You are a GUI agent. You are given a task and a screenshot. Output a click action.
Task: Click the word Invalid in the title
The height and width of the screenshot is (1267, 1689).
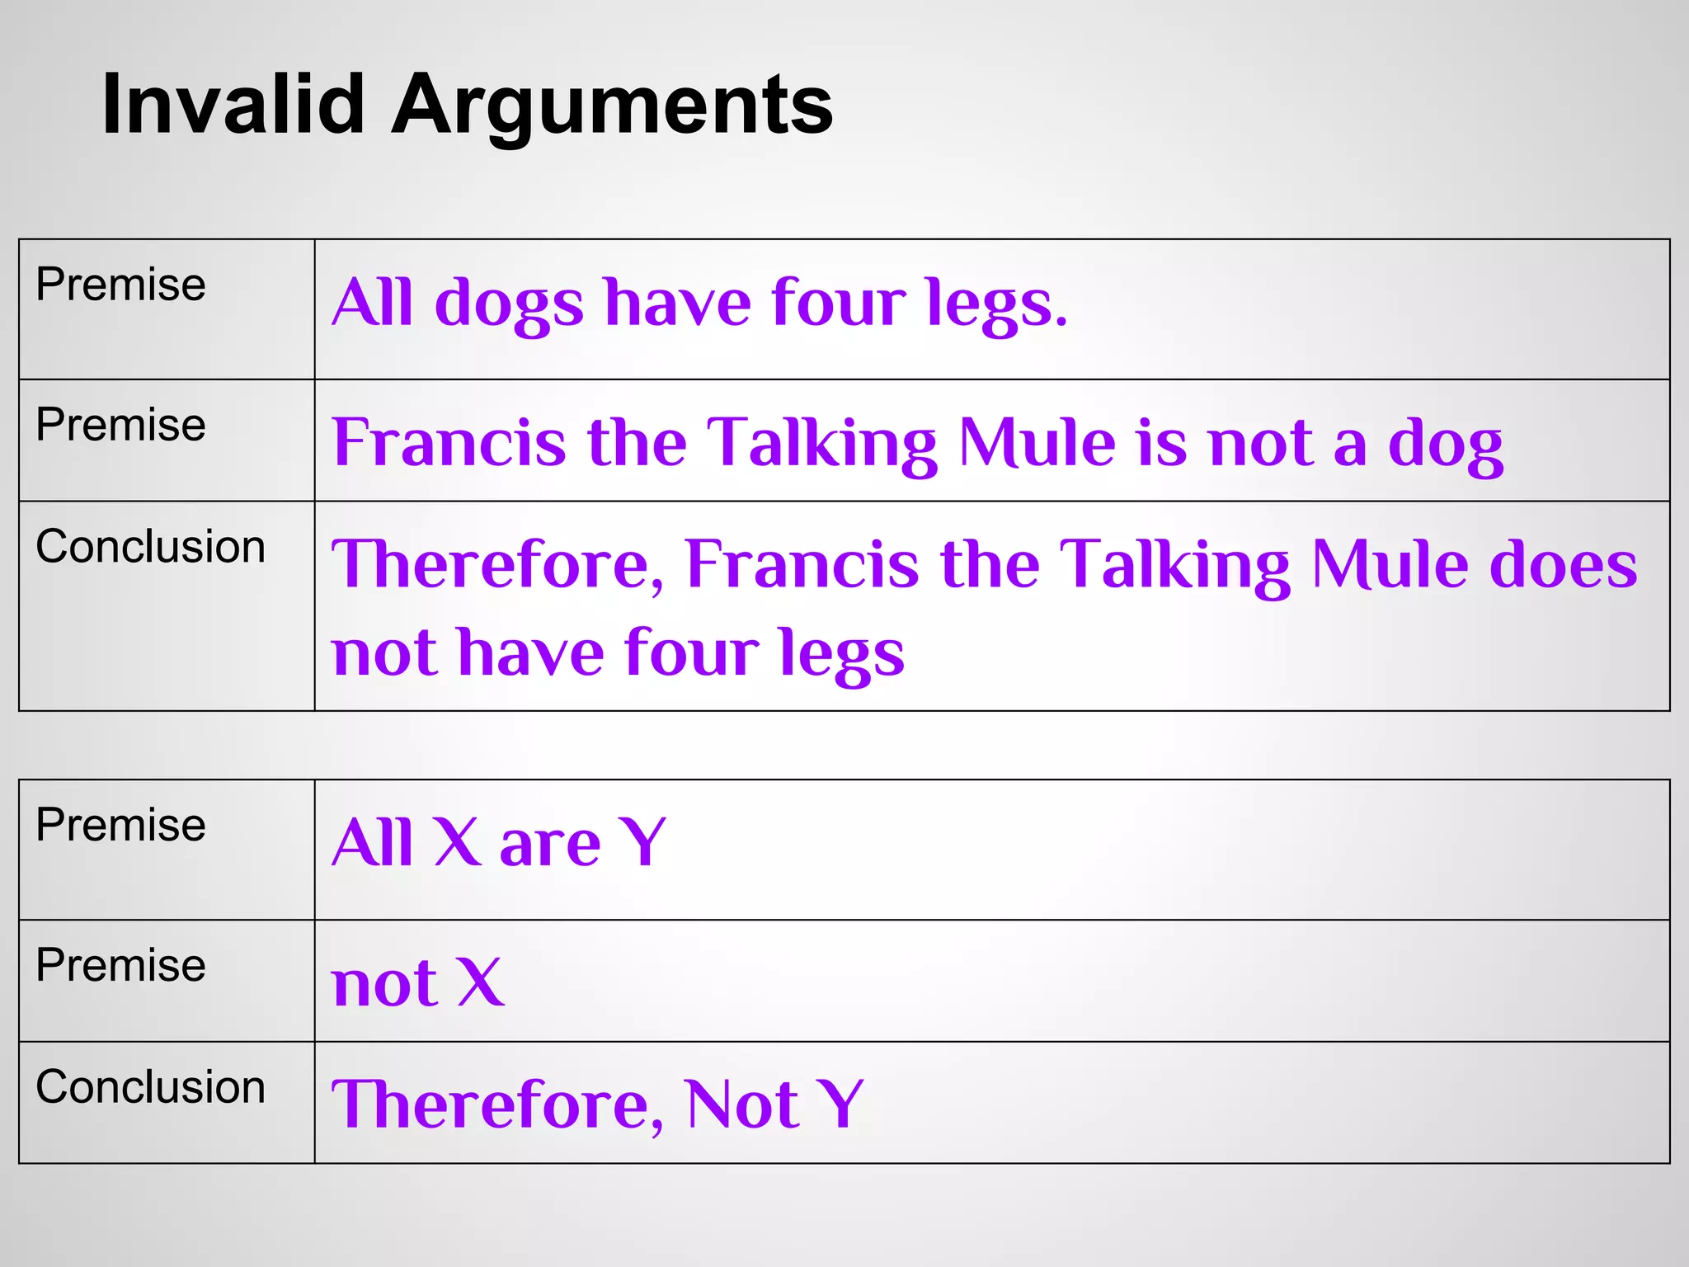coord(233,105)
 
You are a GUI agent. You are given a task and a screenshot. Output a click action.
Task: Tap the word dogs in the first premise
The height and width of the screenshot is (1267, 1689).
coord(509,304)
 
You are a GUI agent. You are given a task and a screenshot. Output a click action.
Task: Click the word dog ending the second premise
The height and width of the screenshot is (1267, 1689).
coord(1445,444)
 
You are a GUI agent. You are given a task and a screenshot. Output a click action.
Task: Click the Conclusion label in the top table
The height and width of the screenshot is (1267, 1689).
coord(151,547)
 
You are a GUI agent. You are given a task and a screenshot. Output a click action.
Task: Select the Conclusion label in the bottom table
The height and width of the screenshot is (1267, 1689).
coord(151,1086)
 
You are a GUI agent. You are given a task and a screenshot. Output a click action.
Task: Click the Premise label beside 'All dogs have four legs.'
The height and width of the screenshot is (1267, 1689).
coord(120,285)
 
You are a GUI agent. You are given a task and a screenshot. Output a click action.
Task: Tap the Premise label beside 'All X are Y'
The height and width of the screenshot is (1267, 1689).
coord(120,825)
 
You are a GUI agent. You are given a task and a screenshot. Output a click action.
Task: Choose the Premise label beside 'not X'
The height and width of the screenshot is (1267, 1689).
coord(120,965)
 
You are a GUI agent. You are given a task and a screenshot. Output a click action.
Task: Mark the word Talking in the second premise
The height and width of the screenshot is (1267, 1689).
coord(822,444)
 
